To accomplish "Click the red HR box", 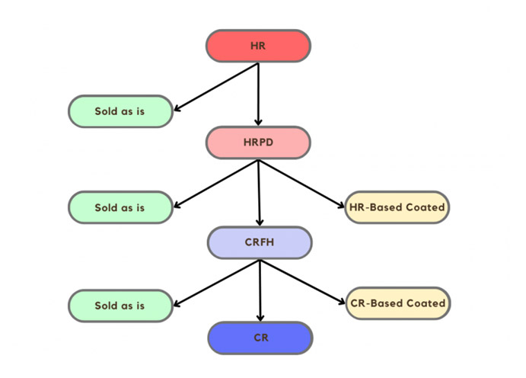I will click(x=258, y=46).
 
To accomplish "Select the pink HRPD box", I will click(x=258, y=143).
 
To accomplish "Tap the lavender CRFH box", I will click(x=260, y=243).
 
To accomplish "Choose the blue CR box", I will click(x=260, y=338).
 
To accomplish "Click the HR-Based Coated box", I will click(x=397, y=207).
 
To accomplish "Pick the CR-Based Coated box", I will click(x=398, y=303).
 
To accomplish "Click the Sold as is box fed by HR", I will click(x=120, y=111).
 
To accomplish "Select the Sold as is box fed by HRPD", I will click(x=120, y=207).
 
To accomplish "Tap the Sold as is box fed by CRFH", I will click(x=120, y=306).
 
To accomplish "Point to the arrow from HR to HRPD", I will click(x=258, y=95).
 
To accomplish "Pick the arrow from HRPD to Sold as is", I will click(x=217, y=183).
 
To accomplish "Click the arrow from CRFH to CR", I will click(x=260, y=290).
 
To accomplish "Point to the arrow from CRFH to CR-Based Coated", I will click(x=304, y=282).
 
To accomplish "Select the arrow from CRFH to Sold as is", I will click(x=217, y=283).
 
